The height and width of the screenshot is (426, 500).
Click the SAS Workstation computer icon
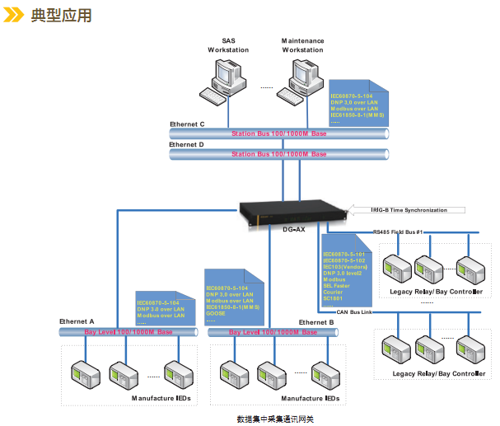tap(226, 81)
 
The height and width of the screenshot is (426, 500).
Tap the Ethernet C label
tap(187, 124)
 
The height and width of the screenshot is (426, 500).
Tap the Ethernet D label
tap(187, 144)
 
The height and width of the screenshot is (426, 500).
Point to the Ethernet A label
tap(77, 321)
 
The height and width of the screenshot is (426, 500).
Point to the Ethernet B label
tap(316, 321)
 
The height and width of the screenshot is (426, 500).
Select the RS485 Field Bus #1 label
tap(399, 233)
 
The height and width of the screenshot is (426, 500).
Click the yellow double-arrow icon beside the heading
tap(15, 16)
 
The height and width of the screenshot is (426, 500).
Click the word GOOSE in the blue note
tap(217, 313)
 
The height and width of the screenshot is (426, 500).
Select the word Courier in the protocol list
tap(333, 291)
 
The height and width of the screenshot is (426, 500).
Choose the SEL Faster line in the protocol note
tap(337, 285)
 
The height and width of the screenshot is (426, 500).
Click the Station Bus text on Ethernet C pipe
tap(278, 133)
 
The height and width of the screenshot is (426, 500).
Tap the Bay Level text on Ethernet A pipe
tap(129, 331)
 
